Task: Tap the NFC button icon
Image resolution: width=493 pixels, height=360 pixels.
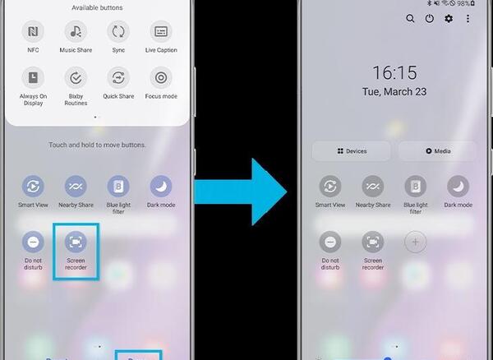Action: click(x=33, y=31)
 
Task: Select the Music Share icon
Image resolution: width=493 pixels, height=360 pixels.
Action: click(x=76, y=31)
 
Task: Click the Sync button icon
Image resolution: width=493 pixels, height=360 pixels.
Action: click(x=118, y=31)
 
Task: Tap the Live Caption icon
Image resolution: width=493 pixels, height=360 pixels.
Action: click(x=161, y=31)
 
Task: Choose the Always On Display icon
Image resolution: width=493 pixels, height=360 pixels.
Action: click(x=33, y=77)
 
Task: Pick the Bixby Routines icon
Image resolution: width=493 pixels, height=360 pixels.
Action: click(x=76, y=77)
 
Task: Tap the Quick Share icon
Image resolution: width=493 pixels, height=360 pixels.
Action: click(x=118, y=77)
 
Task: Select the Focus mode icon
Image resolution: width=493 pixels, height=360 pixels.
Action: click(x=161, y=77)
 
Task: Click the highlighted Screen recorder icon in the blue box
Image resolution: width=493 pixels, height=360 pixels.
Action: click(x=76, y=242)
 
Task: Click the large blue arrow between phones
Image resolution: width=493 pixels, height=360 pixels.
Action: click(x=241, y=192)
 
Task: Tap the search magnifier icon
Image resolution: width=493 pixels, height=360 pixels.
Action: click(x=410, y=19)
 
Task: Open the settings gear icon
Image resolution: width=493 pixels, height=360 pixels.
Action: click(x=449, y=19)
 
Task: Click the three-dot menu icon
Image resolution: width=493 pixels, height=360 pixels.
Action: click(x=468, y=19)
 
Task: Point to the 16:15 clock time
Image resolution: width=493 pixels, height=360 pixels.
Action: click(x=395, y=72)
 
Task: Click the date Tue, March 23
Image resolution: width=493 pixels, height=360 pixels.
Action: click(x=394, y=91)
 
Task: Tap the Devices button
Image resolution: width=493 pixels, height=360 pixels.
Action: click(x=352, y=151)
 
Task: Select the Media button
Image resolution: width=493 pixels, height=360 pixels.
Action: click(x=438, y=151)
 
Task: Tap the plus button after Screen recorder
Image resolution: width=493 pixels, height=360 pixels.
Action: click(x=415, y=242)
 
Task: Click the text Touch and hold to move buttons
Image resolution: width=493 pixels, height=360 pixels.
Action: click(x=97, y=145)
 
